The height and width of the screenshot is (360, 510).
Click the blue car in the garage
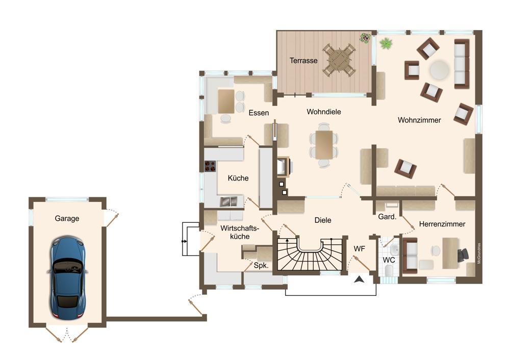(68, 277)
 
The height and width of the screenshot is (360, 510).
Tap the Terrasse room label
(303, 61)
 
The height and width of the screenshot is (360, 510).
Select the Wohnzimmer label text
(419, 120)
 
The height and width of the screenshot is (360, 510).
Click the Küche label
(238, 178)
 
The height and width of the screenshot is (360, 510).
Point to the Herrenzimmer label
(442, 224)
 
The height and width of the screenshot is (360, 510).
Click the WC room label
(389, 260)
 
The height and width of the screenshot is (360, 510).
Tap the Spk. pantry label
(261, 265)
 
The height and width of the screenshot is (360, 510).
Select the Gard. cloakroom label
(387, 217)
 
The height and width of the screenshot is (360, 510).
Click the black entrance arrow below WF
(360, 279)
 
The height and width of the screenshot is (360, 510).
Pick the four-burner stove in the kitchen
(210, 166)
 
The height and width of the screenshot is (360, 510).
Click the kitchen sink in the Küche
(228, 201)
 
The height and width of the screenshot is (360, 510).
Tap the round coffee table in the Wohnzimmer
(440, 69)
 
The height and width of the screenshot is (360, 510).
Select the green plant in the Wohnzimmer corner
(386, 43)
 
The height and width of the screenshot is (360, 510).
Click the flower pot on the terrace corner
(365, 37)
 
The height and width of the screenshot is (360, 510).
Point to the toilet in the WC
(389, 271)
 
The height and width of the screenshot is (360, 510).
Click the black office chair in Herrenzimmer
(463, 254)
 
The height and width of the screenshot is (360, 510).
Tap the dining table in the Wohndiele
(324, 145)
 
